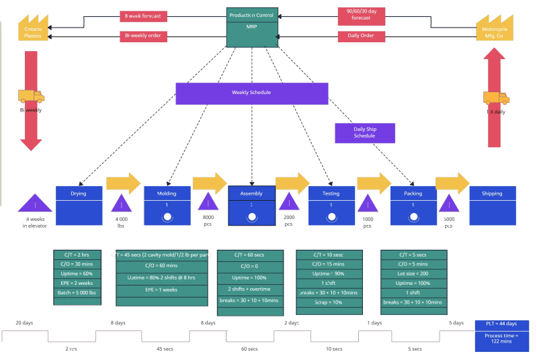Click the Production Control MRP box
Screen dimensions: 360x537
(252, 27)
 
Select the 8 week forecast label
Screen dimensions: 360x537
(143, 15)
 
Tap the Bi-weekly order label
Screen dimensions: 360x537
(143, 36)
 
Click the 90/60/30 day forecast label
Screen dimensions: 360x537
(361, 15)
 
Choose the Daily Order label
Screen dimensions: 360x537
(361, 36)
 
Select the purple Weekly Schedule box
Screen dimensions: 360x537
(251, 93)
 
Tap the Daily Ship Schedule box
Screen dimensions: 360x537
(364, 133)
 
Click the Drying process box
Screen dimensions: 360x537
(79, 205)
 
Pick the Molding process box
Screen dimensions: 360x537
(167, 205)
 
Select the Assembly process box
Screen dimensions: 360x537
(251, 205)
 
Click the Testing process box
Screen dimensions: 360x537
(331, 205)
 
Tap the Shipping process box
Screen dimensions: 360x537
(491, 205)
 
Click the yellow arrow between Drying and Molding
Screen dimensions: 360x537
(123, 183)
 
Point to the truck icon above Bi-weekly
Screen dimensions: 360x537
(31, 97)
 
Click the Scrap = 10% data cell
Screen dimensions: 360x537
(329, 302)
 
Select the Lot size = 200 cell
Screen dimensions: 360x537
(413, 274)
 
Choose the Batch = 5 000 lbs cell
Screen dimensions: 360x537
(77, 293)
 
